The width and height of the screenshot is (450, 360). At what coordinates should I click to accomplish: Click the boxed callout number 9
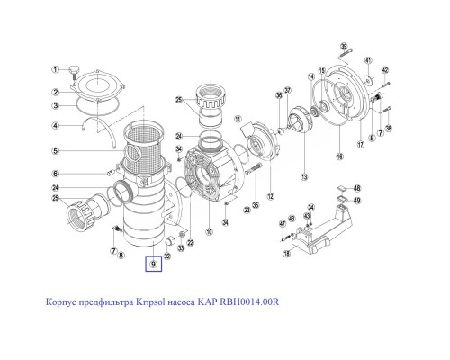pos(154,265)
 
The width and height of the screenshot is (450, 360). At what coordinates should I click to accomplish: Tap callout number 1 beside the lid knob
pos(54,69)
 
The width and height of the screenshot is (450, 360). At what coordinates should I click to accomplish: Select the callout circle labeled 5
pos(54,150)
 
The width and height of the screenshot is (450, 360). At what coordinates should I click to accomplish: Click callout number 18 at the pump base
pos(287,255)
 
